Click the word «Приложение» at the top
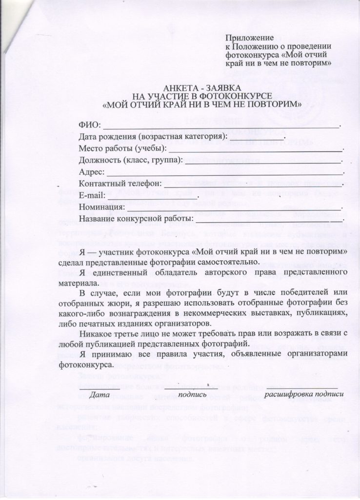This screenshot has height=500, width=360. point(249,38)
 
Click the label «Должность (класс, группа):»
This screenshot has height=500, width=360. point(131,160)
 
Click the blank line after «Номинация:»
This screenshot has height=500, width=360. point(234,208)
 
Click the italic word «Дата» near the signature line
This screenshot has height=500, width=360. point(100,394)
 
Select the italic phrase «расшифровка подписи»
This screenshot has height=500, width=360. point(304,394)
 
